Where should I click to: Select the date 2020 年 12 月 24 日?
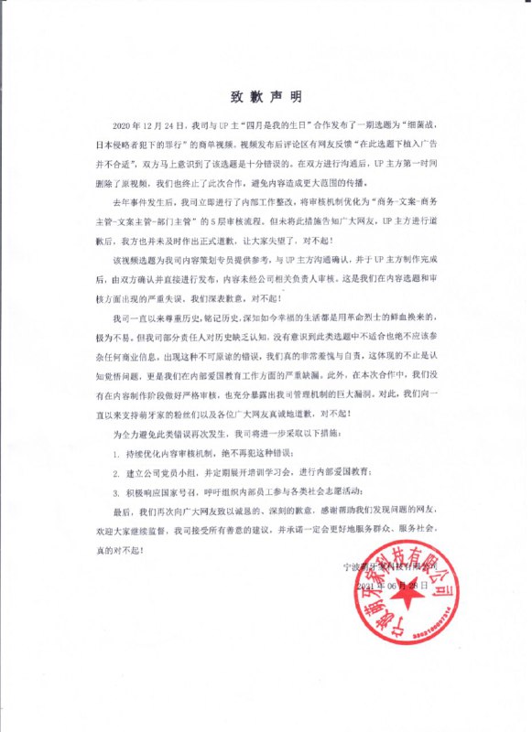[147, 121]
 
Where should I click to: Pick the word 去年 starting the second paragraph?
[119, 197]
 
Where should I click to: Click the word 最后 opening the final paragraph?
[119, 515]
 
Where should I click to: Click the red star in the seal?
[429, 610]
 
